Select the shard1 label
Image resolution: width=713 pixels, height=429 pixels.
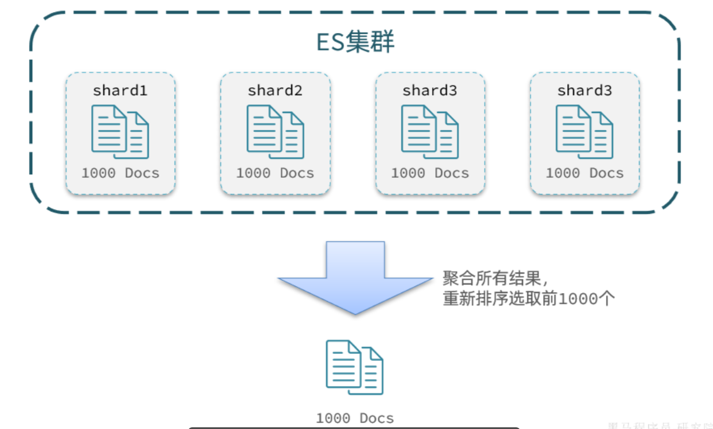pyautogui.click(x=120, y=91)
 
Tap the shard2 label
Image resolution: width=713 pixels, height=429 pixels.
pyautogui.click(x=275, y=91)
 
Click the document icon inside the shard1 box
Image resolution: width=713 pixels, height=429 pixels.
pyautogui.click(x=120, y=132)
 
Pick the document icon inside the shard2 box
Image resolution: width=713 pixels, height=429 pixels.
pyautogui.click(x=275, y=132)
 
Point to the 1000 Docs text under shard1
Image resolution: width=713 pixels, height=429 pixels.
pyautogui.click(x=120, y=173)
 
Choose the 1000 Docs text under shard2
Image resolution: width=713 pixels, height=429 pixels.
pyautogui.click(x=275, y=173)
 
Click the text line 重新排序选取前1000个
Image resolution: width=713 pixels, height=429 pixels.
pyautogui.click(x=529, y=299)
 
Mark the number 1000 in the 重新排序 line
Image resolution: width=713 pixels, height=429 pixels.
pyautogui.click(x=578, y=299)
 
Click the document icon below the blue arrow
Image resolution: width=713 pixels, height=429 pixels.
pyautogui.click(x=354, y=367)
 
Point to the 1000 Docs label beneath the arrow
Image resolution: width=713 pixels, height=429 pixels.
pyautogui.click(x=355, y=418)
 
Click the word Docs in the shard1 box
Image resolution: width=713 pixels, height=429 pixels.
pyautogui.click(x=142, y=173)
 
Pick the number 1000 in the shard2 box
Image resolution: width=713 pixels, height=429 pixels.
pyautogui.click(x=253, y=173)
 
